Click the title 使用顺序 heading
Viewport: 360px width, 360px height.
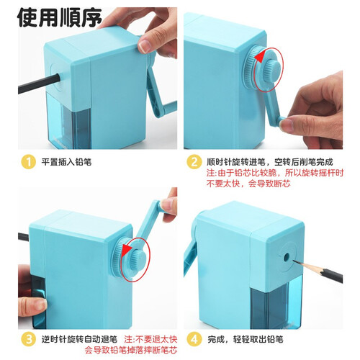pos(60,18)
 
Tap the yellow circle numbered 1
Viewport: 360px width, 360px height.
pos(29,162)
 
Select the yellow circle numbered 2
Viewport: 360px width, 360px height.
pos(194,162)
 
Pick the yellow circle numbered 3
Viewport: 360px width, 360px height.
pos(29,339)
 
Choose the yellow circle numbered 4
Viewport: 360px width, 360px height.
pos(194,339)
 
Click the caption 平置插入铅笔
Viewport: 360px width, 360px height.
pos(66,162)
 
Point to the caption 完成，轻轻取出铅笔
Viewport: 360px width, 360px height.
pos(246,339)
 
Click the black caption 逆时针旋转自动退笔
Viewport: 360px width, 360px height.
pos(79,339)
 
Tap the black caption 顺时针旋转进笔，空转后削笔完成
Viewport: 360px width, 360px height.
pos(270,162)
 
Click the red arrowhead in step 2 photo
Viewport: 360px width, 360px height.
pos(261,57)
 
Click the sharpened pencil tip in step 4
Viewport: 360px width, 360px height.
pos(295,261)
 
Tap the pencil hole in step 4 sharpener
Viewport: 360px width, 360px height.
pos(286,257)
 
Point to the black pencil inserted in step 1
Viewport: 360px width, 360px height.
pos(39,84)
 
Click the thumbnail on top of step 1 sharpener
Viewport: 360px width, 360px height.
pos(145,46)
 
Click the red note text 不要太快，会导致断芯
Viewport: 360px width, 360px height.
pos(248,184)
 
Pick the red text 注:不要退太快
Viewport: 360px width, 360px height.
pos(150,339)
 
